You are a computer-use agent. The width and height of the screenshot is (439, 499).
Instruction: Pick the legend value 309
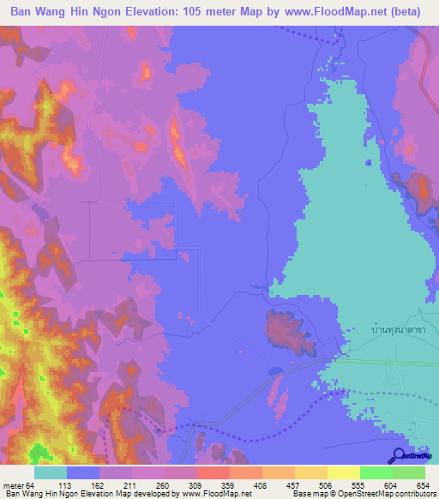click(197, 485)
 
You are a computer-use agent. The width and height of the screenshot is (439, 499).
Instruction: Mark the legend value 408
click(262, 485)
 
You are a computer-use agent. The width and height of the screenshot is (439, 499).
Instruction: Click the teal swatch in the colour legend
click(51, 473)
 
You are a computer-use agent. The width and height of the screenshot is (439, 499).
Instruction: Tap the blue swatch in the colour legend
click(83, 473)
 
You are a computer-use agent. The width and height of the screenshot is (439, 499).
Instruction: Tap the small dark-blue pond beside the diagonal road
click(275, 371)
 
